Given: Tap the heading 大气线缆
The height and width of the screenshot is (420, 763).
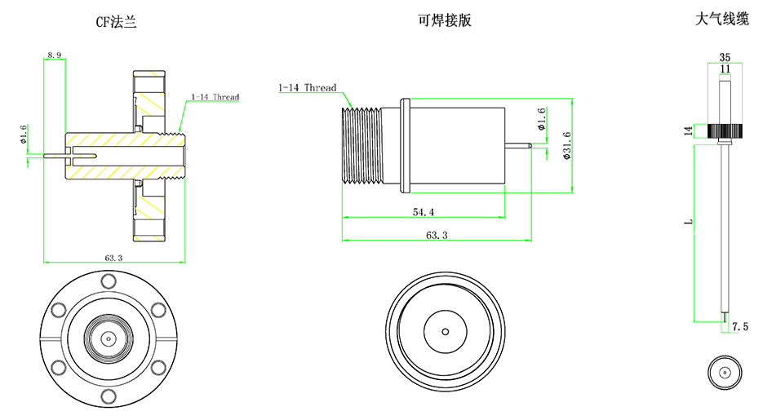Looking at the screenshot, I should pyautogui.click(x=721, y=20).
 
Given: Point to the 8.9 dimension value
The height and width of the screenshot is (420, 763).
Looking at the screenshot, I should pyautogui.click(x=55, y=55).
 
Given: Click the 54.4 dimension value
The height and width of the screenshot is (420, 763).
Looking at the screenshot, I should pyautogui.click(x=423, y=212).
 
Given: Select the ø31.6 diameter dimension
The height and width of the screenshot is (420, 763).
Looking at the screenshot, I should pyautogui.click(x=566, y=146).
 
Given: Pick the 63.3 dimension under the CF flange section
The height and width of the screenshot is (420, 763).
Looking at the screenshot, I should pyautogui.click(x=113, y=258).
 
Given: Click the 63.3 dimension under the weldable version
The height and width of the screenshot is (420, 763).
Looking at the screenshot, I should pyautogui.click(x=437, y=235).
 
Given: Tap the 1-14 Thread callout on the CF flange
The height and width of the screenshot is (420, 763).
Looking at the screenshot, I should pyautogui.click(x=215, y=98).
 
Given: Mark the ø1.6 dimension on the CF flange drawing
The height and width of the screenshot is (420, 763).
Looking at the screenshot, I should pyautogui.click(x=24, y=133).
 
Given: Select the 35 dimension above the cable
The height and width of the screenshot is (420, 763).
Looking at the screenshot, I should pyautogui.click(x=725, y=57).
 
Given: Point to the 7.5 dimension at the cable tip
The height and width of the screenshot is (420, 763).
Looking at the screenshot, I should pyautogui.click(x=739, y=327).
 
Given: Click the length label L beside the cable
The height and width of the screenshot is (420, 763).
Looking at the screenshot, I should pyautogui.click(x=687, y=222).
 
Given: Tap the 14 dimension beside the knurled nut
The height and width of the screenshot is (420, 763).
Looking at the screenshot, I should pyautogui.click(x=687, y=130).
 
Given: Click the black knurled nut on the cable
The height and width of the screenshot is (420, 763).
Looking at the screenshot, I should pyautogui.click(x=725, y=130).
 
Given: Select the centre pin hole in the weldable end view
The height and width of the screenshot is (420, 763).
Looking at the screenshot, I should pyautogui.click(x=445, y=332).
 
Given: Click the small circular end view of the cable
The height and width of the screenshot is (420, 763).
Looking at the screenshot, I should pyautogui.click(x=724, y=372).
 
